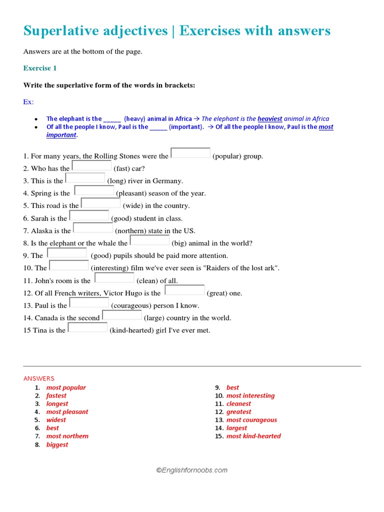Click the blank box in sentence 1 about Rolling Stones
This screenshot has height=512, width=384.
point(190,153)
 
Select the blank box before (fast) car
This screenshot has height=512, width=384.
point(91,165)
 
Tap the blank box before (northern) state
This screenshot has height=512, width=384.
point(93,228)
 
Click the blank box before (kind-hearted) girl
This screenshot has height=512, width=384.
point(87,327)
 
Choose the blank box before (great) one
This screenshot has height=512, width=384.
point(184,290)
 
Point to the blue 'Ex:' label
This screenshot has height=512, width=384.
point(28,102)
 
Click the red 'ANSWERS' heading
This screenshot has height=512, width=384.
point(39,378)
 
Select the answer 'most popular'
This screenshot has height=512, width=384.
point(66,387)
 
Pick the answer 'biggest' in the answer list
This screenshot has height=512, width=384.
point(57,444)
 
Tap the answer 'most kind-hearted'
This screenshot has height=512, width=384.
point(253,436)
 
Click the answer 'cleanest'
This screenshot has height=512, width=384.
point(238,403)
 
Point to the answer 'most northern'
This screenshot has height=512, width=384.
point(67,436)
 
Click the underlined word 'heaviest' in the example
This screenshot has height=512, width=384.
point(269,119)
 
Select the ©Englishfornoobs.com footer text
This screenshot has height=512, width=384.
point(192,470)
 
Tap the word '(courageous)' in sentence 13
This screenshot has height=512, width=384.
point(130,305)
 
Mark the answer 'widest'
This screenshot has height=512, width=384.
point(56,420)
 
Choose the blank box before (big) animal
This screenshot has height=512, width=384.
point(149,240)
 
